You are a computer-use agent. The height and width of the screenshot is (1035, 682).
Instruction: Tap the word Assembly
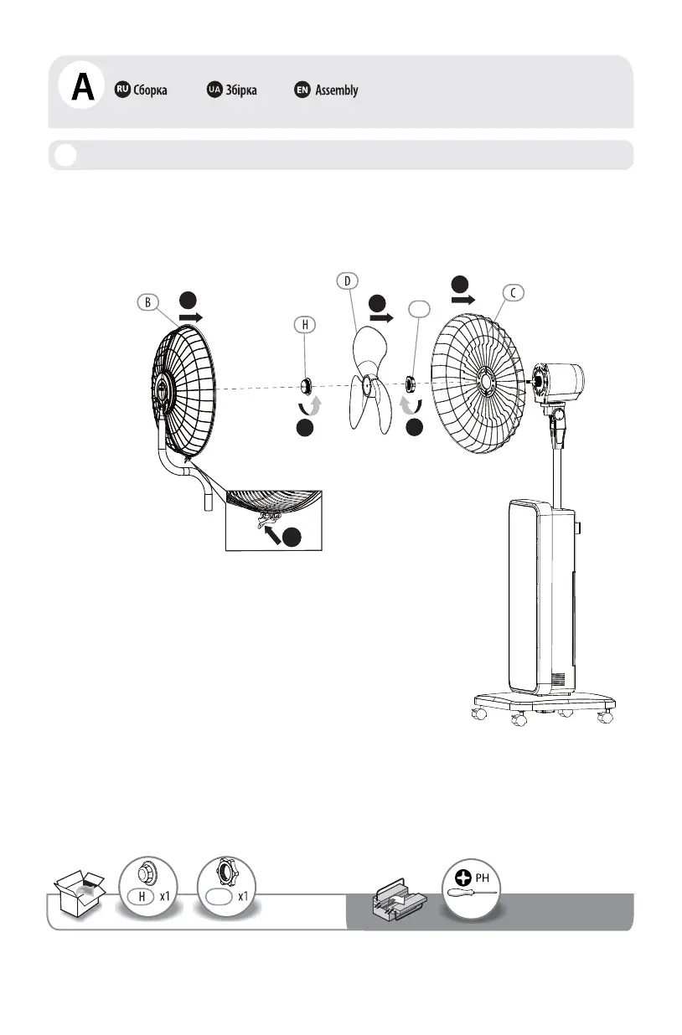(336, 90)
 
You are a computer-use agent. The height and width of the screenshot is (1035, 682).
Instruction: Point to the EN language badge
(302, 90)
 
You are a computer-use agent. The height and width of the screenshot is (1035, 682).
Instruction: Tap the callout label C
(513, 292)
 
